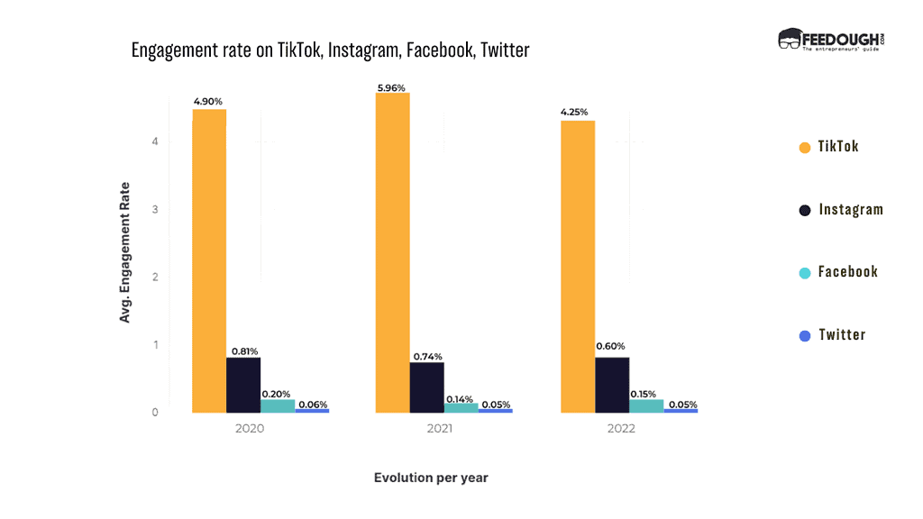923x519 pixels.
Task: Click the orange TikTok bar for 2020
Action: pyautogui.click(x=209, y=261)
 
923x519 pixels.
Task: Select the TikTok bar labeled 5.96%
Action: pyautogui.click(x=392, y=252)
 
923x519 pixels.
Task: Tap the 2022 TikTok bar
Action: pyautogui.click(x=578, y=266)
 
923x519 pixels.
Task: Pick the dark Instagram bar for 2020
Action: pyautogui.click(x=243, y=385)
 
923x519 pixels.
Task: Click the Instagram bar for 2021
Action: pyautogui.click(x=426, y=387)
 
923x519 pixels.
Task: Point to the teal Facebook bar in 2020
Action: pyautogui.click(x=277, y=405)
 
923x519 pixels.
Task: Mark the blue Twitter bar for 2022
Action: pyautogui.click(x=681, y=410)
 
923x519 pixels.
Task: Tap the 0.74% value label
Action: pyautogui.click(x=427, y=356)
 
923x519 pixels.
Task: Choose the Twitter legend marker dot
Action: pyautogui.click(x=805, y=335)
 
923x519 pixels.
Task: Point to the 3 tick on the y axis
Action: pyautogui.click(x=155, y=209)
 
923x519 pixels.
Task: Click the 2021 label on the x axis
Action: pyautogui.click(x=439, y=428)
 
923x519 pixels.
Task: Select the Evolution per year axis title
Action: pyautogui.click(x=431, y=478)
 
